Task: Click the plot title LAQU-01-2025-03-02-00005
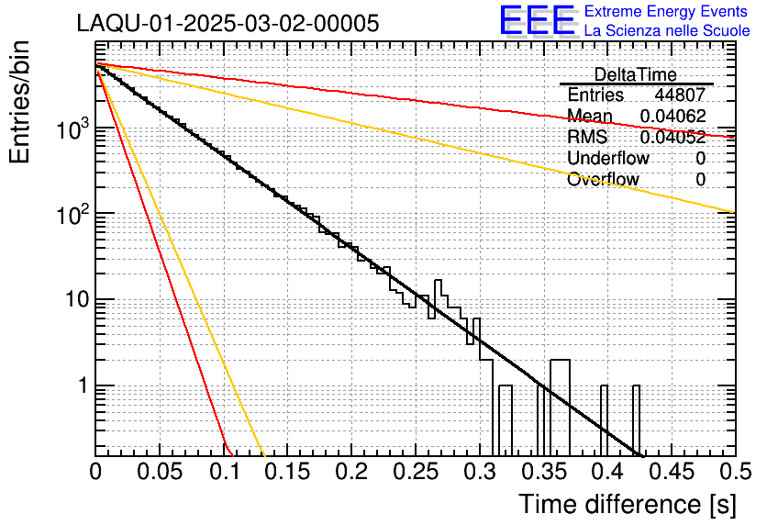(x=228, y=24)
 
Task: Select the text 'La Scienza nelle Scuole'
(x=666, y=31)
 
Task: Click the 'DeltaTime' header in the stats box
(x=636, y=74)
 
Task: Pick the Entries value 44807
(x=680, y=95)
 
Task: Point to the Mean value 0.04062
(x=673, y=116)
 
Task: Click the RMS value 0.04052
(x=673, y=137)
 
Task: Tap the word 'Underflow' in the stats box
(x=608, y=158)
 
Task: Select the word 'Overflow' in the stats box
(x=603, y=179)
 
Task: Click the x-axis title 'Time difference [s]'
(x=626, y=504)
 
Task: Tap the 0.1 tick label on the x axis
(x=223, y=472)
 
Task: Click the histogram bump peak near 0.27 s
(x=439, y=281)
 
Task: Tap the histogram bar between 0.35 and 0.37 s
(x=560, y=361)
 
